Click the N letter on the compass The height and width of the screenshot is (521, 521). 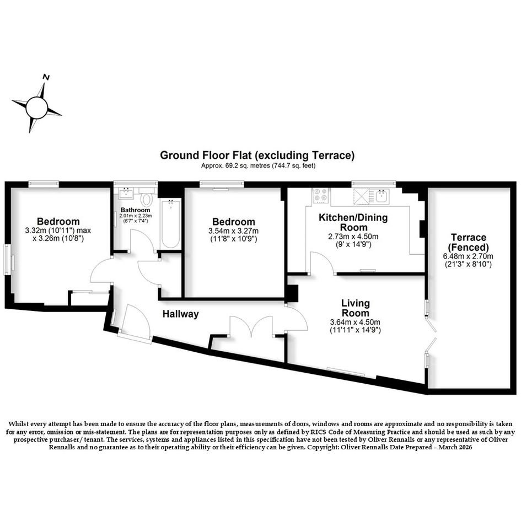46,77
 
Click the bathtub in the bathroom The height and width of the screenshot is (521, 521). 171,224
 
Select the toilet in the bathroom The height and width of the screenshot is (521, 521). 146,198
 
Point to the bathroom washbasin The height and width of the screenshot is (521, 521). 126,193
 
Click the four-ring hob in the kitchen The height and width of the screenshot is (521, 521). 321,195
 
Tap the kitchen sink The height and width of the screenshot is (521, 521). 382,196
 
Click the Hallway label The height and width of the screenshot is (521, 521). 180,314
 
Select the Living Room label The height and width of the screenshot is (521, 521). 355,308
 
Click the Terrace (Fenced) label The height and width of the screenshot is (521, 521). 469,242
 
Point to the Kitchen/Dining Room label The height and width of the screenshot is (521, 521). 353,222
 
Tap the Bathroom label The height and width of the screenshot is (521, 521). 135,210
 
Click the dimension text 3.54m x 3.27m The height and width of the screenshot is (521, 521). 234,231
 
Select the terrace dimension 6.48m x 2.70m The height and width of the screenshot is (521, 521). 468,256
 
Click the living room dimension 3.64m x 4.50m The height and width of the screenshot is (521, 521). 355,322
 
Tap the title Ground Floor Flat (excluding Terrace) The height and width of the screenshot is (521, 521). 257,155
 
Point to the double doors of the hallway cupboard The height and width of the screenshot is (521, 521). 251,326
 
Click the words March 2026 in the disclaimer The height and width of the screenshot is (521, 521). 455,447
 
